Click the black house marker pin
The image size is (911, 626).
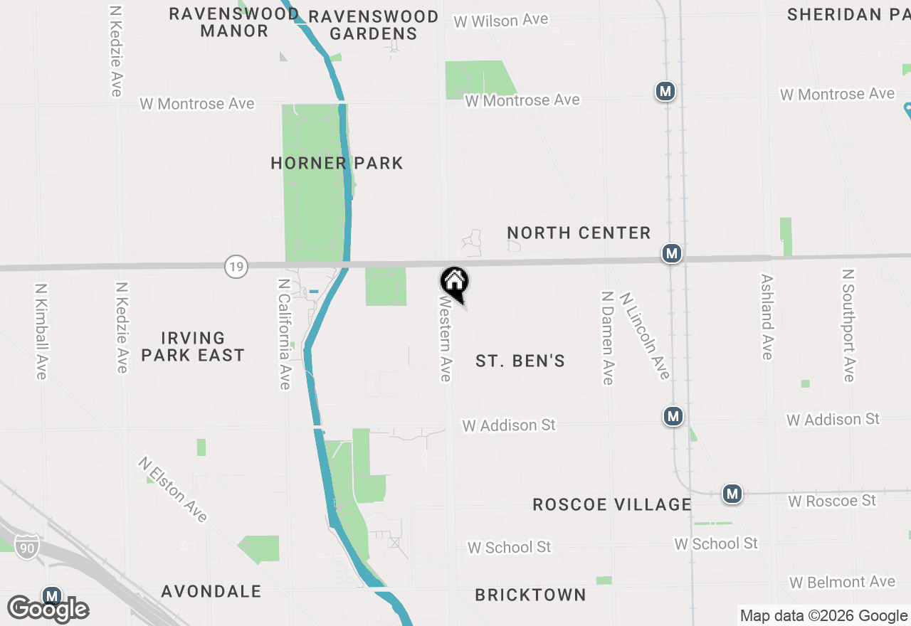(x=454, y=283)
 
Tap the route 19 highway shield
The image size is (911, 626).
(x=236, y=267)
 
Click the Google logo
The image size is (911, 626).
(x=48, y=609)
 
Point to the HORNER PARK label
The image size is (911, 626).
(x=337, y=164)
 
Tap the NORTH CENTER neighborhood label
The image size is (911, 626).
(x=579, y=233)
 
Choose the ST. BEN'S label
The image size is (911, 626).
(x=520, y=361)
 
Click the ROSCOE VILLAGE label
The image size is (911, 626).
(x=612, y=505)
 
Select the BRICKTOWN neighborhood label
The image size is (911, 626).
(x=530, y=595)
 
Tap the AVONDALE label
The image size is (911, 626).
(x=211, y=592)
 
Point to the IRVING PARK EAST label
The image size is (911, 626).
(x=193, y=346)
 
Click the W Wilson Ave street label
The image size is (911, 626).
(x=501, y=21)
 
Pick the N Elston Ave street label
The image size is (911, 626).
(x=173, y=489)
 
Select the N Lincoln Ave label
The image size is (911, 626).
(x=645, y=336)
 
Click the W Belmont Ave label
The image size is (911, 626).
(x=842, y=583)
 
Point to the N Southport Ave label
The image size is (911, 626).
(x=848, y=325)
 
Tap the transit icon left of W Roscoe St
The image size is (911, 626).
(x=732, y=494)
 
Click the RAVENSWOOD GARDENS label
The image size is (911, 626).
(x=374, y=25)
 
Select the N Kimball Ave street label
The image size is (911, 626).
(x=41, y=331)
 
